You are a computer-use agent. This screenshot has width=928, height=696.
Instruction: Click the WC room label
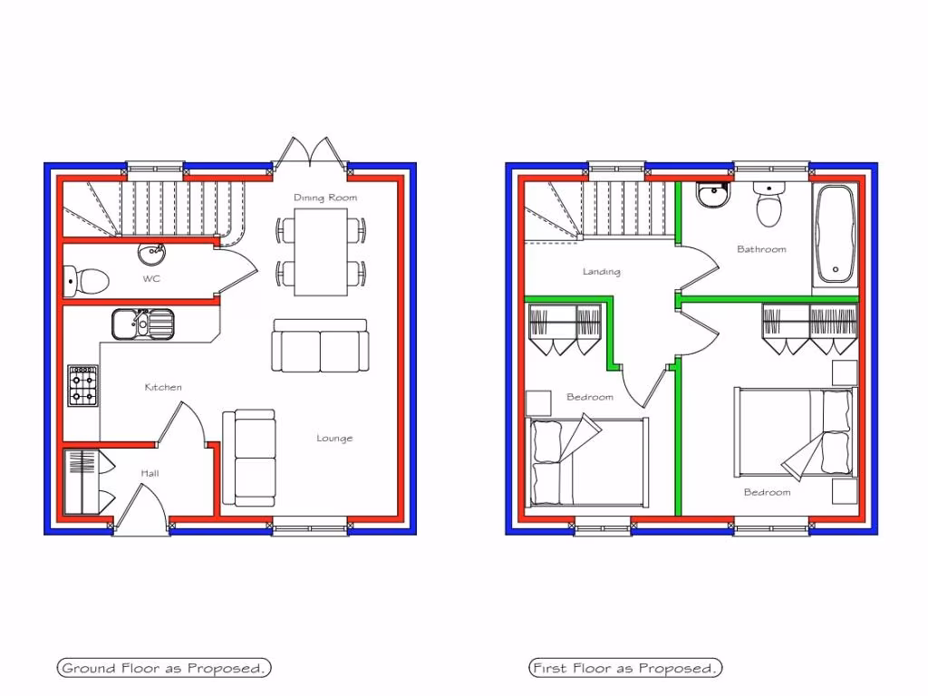tap(151, 279)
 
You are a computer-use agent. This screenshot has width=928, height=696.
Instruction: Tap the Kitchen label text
tap(163, 388)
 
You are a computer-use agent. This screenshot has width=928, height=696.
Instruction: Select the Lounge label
tap(334, 439)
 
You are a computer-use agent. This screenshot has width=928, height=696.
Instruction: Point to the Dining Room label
tap(325, 198)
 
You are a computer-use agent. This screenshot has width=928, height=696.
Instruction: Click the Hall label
tap(150, 473)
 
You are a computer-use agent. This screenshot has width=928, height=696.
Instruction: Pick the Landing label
tap(602, 272)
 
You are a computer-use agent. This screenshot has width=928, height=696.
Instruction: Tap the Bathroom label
tap(761, 249)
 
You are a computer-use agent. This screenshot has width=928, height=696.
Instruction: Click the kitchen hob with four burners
tap(83, 386)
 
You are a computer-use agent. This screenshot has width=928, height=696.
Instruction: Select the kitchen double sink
tap(143, 324)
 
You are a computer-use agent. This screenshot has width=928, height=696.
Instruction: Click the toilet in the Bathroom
tap(769, 206)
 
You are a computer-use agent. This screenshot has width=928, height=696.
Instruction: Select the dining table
tap(321, 251)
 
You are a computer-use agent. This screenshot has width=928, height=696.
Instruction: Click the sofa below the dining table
tap(321, 345)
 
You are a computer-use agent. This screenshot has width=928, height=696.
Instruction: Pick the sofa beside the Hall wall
tap(249, 458)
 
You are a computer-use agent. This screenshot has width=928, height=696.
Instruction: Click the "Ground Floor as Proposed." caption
tap(164, 669)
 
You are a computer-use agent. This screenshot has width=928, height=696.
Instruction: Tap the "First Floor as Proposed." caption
tap(625, 669)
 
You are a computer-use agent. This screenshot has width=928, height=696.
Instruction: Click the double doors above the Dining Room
tap(311, 153)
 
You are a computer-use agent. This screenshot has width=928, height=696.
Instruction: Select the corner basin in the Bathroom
tap(711, 195)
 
